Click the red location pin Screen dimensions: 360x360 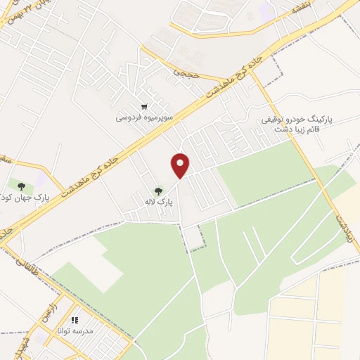click(181, 165)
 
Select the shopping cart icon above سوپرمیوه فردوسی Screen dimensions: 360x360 click(144, 107)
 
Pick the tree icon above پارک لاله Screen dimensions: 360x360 click(159, 191)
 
